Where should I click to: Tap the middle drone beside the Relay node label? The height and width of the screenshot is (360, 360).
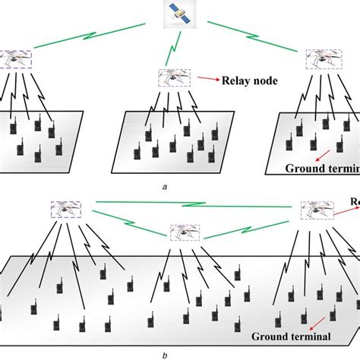click(174, 77)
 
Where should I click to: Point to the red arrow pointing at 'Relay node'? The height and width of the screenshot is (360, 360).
click(206, 77)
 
